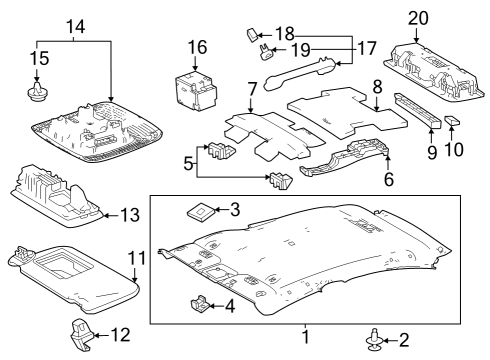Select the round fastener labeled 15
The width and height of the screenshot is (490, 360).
38,94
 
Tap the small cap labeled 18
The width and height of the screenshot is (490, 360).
252,37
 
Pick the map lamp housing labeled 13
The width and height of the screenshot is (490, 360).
60,193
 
